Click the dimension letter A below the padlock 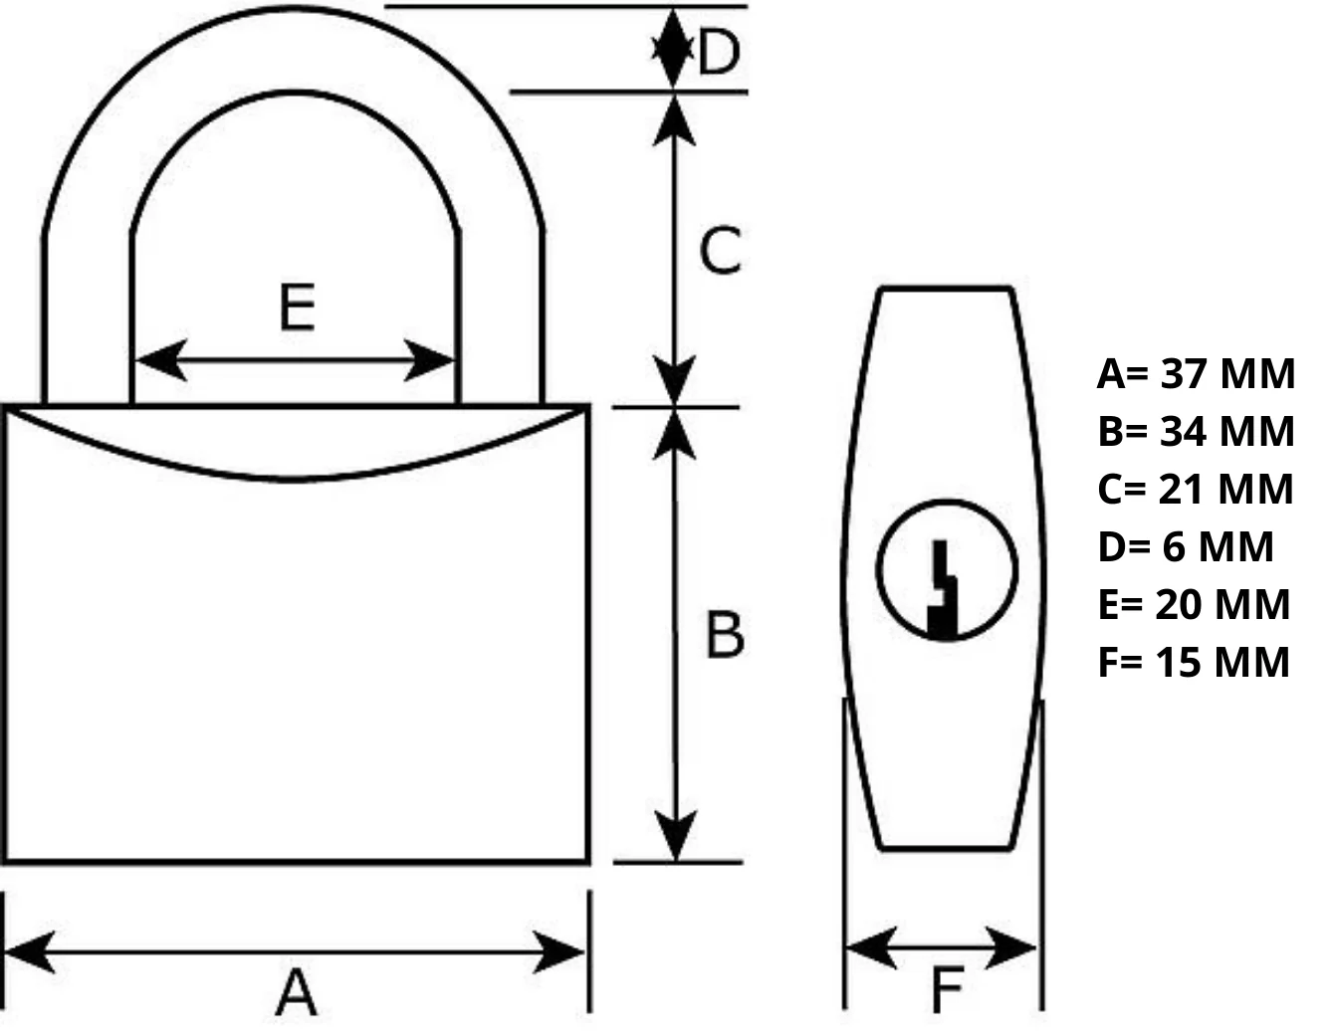click(x=296, y=991)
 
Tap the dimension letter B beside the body click(x=725, y=634)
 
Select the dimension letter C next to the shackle click(x=721, y=250)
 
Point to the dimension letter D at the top click(x=719, y=52)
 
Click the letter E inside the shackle click(x=297, y=307)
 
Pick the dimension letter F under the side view click(x=946, y=990)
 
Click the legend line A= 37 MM click(x=1196, y=374)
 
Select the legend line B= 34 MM click(x=1196, y=432)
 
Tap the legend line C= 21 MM click(x=1195, y=490)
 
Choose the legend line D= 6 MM click(x=1185, y=547)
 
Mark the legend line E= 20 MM click(x=1194, y=605)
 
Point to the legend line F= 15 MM click(x=1194, y=663)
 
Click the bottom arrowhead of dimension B click(x=676, y=836)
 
